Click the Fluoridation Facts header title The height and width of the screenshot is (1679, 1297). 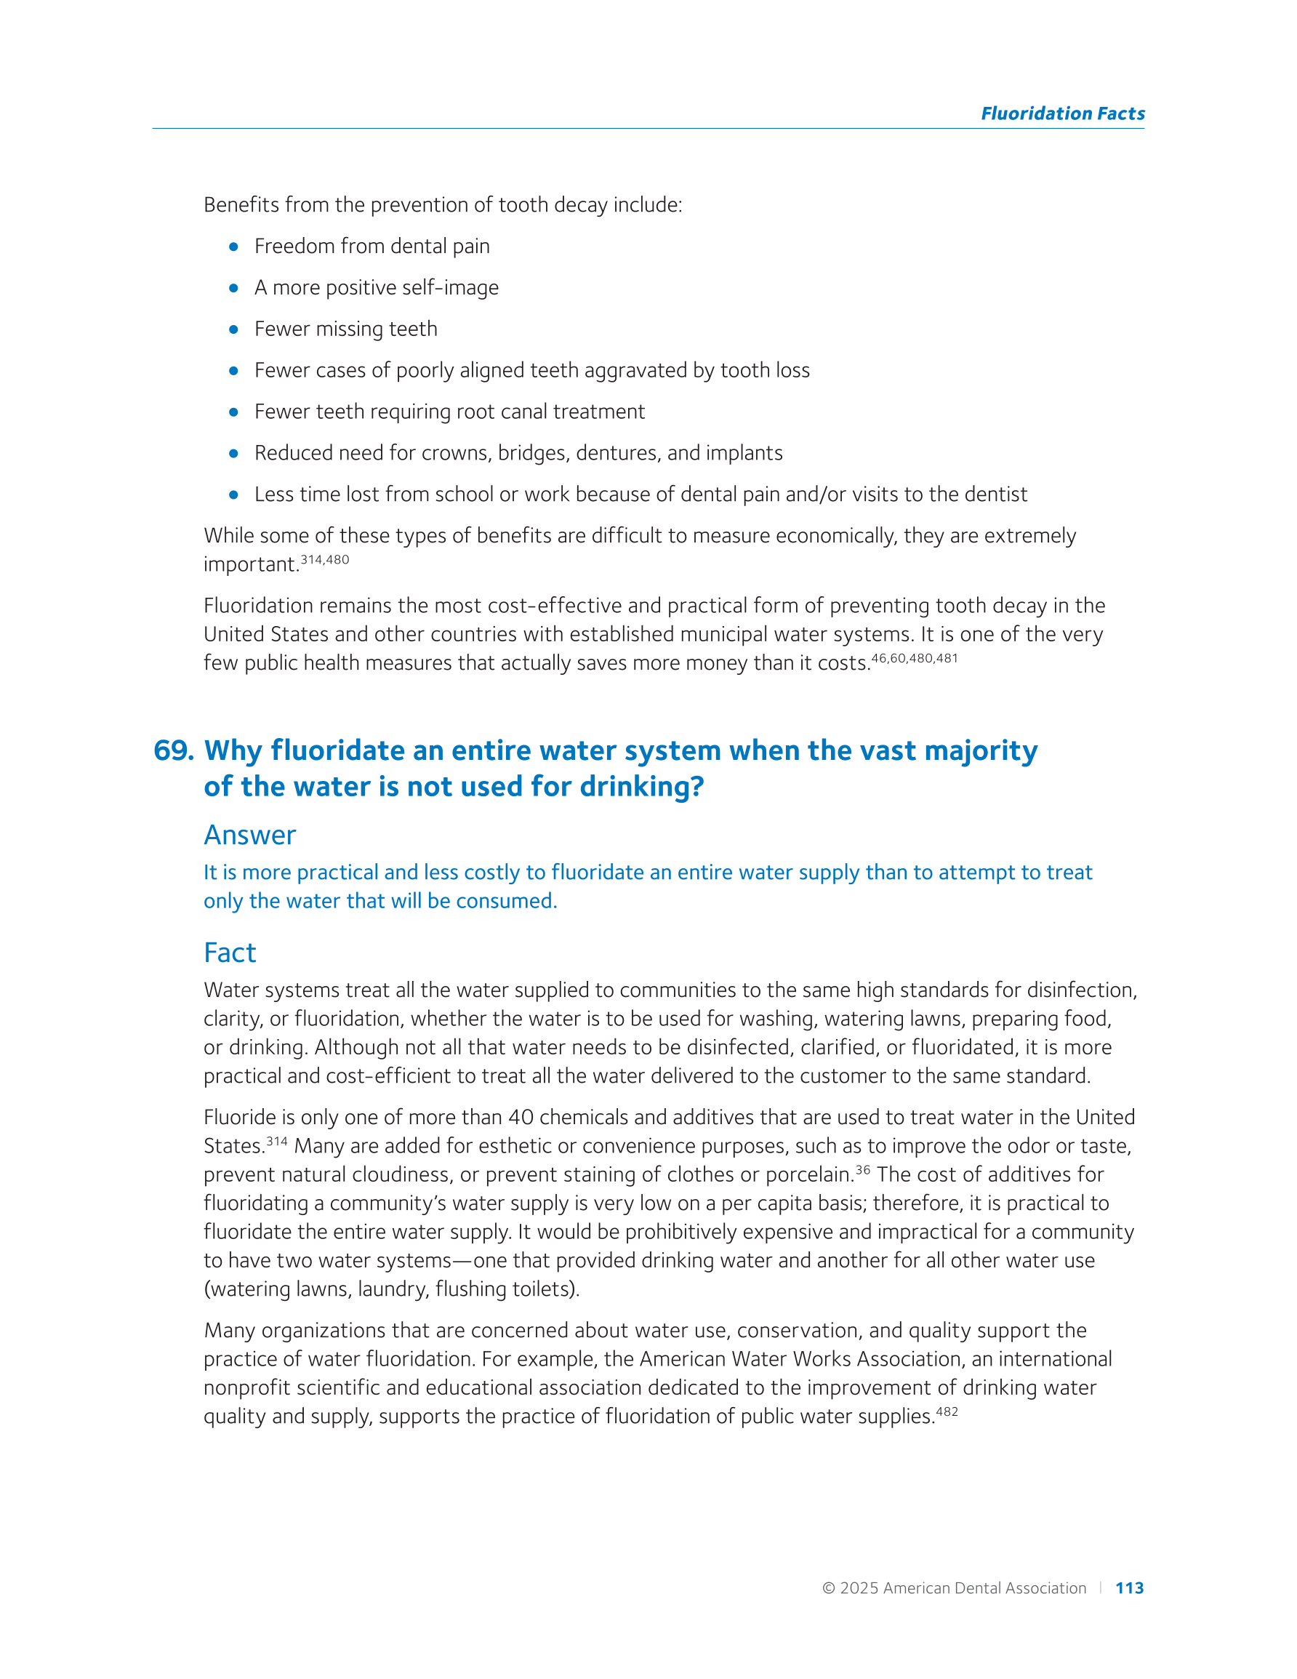[x=1061, y=113]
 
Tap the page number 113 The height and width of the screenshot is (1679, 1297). [x=1128, y=1587]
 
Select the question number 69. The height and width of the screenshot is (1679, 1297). [x=173, y=750]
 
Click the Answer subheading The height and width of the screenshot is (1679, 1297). [x=249, y=835]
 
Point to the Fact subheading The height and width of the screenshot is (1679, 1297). [x=229, y=953]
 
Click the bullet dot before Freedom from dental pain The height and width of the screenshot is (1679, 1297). [x=233, y=247]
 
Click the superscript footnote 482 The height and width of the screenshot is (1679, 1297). [x=947, y=1411]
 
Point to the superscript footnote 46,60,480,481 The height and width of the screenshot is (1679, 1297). [x=914, y=658]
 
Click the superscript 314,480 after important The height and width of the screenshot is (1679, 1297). [x=324, y=560]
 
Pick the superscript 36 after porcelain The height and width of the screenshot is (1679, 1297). [x=863, y=1170]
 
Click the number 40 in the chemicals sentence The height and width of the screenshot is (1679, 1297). [x=521, y=1117]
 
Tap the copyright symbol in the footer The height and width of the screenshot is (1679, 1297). [x=828, y=1588]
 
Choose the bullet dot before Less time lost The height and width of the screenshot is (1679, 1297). [x=233, y=495]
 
